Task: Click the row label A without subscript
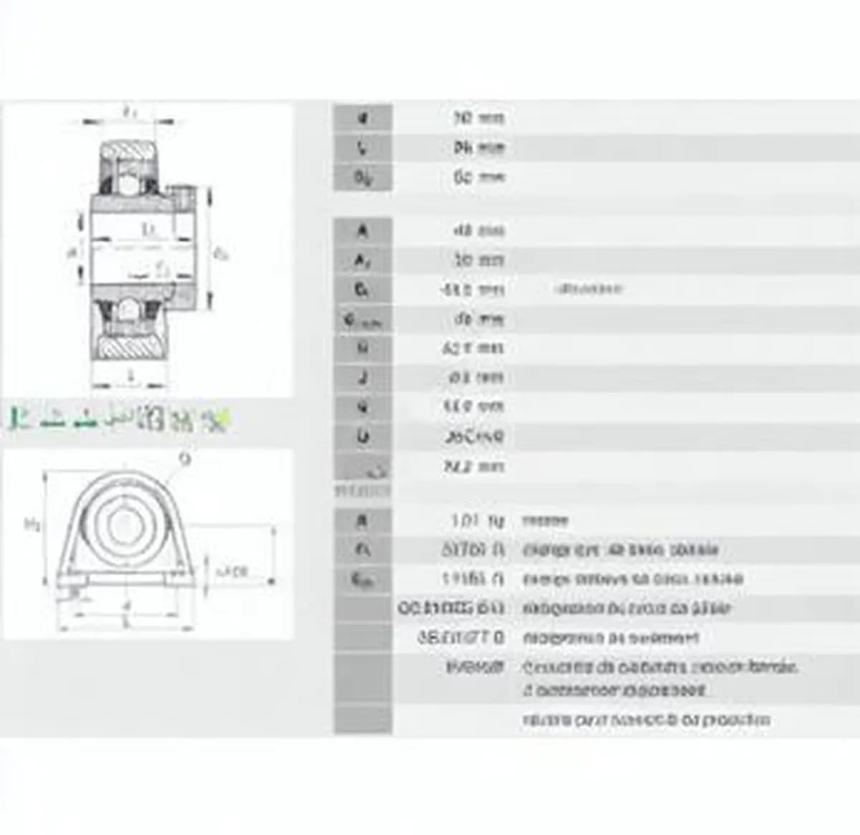tap(363, 231)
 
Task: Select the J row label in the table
tap(363, 377)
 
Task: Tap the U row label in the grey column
tap(363, 436)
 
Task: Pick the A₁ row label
tap(363, 261)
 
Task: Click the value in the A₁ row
tap(478, 260)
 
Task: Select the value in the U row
tap(474, 436)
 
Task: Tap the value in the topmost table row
tap(479, 118)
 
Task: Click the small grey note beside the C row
tap(588, 289)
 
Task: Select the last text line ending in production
tap(646, 720)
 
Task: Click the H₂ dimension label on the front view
tap(32, 525)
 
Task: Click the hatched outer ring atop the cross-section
tap(129, 151)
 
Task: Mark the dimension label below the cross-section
tap(130, 376)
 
